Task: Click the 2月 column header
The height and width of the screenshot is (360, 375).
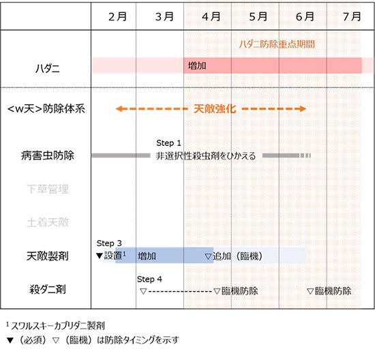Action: [117, 17]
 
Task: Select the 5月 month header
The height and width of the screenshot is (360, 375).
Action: [258, 17]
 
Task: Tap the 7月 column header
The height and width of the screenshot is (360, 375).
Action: [352, 17]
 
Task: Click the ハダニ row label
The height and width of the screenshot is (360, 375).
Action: [47, 69]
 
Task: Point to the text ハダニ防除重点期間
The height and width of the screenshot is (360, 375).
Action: [277, 44]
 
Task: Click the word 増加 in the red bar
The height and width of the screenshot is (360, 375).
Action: [197, 65]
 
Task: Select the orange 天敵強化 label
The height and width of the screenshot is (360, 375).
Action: [215, 109]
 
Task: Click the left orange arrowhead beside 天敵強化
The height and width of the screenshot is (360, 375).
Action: [119, 109]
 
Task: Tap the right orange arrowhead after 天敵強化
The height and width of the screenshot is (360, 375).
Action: [303, 109]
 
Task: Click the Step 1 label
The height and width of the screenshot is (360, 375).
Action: [168, 143]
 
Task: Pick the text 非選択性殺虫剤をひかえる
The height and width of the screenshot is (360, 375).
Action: [206, 156]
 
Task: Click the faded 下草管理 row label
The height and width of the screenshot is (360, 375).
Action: [48, 189]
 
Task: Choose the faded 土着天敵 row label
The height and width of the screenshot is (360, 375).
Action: [48, 222]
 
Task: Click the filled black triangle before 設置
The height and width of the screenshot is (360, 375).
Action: [100, 256]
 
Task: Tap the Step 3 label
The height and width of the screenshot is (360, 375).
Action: [109, 243]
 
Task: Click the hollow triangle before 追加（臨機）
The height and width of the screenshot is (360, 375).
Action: [208, 256]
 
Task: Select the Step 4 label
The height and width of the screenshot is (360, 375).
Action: [149, 279]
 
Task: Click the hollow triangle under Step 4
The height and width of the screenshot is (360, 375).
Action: [143, 291]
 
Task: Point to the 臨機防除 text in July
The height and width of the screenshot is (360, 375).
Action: [333, 291]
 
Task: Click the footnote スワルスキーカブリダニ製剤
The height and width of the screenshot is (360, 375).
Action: [58, 326]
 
